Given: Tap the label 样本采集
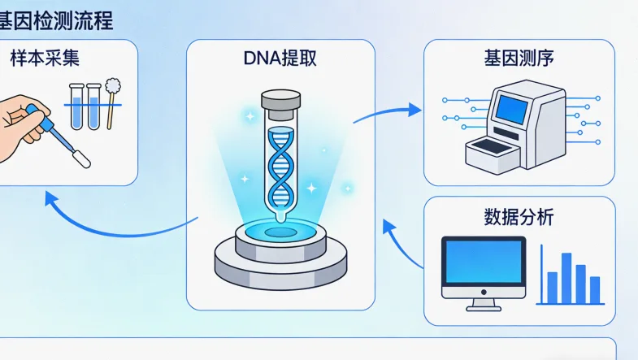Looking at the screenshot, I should [x=45, y=59].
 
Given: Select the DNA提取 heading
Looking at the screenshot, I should [x=280, y=59].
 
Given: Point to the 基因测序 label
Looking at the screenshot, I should [x=519, y=59].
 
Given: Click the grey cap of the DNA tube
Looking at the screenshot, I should [x=280, y=101].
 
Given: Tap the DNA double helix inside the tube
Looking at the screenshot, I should [x=280, y=167].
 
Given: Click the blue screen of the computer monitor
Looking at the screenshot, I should [x=484, y=262].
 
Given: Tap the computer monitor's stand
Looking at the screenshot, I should [x=483, y=304].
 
